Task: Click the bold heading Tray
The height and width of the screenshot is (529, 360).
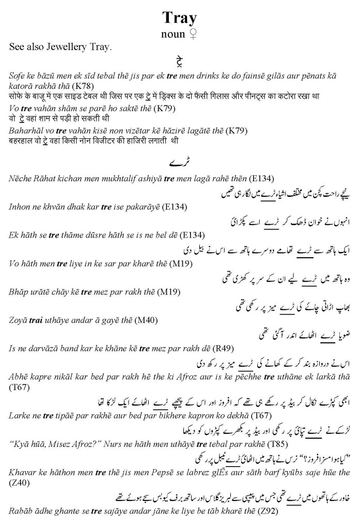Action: (179, 18)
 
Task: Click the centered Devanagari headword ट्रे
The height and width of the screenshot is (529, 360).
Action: (180, 63)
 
